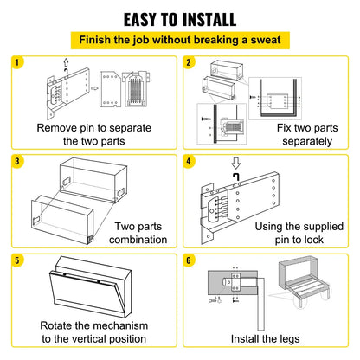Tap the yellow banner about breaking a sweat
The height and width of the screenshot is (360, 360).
point(180,40)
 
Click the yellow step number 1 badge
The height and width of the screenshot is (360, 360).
point(16,62)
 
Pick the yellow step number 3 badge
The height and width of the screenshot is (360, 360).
point(16,161)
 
